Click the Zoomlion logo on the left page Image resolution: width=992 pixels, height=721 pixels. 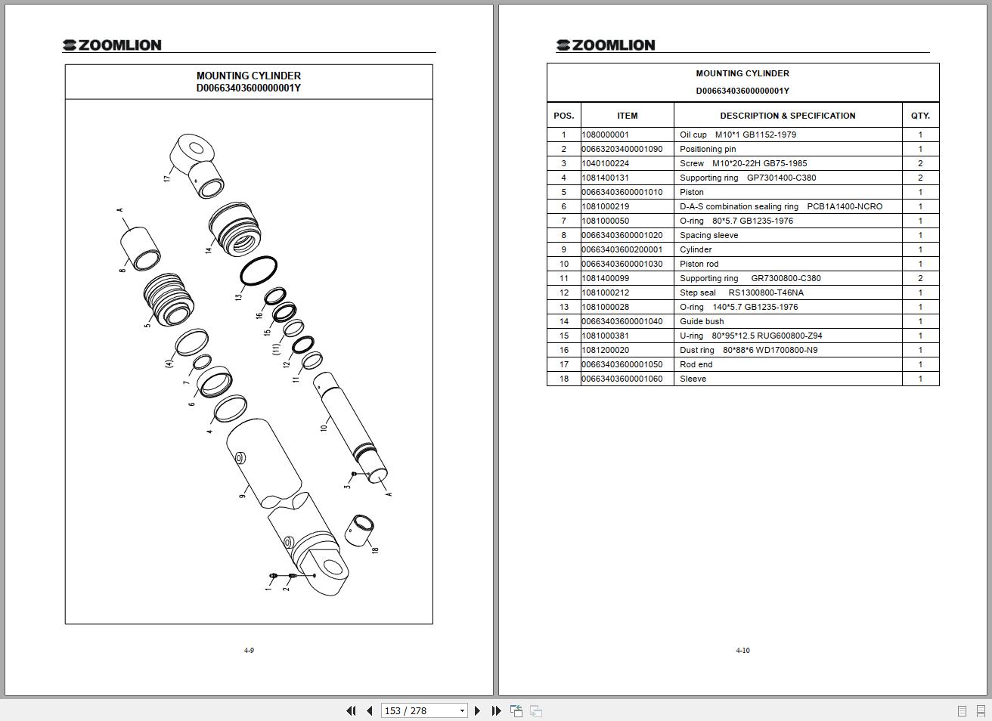[x=112, y=45]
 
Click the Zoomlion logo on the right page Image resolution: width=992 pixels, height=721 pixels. [x=606, y=45]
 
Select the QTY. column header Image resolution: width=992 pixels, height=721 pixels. [x=920, y=116]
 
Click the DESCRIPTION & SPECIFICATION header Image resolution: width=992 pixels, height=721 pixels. [x=787, y=116]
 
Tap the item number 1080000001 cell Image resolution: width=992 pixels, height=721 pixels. [x=606, y=135]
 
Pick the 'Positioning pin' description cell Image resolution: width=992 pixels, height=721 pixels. [x=708, y=149]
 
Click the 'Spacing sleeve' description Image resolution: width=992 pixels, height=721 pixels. [x=708, y=235]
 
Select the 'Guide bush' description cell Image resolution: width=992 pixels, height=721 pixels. [x=702, y=321]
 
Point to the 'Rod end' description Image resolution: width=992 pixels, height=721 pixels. [x=696, y=364]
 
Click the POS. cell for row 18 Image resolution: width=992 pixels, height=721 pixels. [x=563, y=379]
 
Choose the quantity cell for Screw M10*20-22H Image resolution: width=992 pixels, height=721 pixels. [x=920, y=163]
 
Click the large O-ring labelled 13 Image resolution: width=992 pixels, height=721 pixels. [x=259, y=271]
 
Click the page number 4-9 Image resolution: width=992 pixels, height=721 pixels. [x=249, y=650]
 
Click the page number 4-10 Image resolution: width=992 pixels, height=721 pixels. [x=742, y=650]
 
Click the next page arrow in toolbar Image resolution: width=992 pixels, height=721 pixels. [x=477, y=710]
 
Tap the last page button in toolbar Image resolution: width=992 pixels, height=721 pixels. [x=496, y=710]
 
